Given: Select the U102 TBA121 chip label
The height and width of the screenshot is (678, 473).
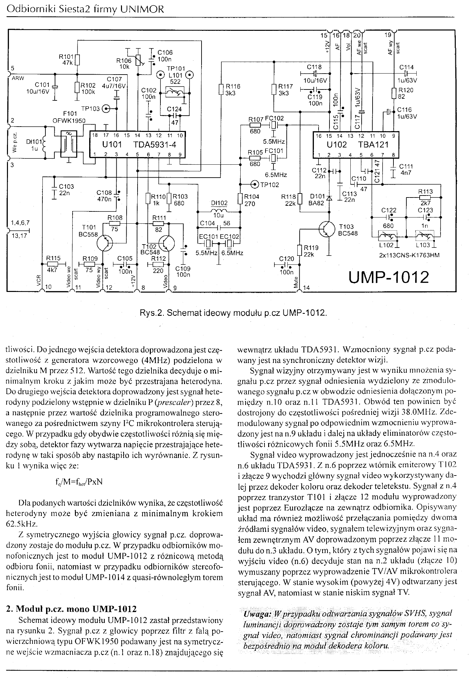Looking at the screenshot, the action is (357, 145).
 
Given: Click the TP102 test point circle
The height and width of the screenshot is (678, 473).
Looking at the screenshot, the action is (255, 184).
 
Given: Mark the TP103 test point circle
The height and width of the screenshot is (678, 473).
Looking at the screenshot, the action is (106, 108).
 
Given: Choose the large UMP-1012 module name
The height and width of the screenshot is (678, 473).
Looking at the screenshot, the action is (388, 277).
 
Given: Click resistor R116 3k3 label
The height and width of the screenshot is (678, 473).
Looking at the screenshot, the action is (232, 89).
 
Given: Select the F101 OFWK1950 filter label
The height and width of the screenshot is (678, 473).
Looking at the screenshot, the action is (69, 118).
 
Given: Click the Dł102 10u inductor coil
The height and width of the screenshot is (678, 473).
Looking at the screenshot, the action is (218, 211).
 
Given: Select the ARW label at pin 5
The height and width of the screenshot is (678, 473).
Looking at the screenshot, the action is (16, 79).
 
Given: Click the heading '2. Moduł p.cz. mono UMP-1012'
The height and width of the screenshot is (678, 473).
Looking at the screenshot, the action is (71, 609).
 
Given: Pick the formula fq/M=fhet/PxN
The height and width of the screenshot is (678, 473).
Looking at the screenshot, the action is (79, 481).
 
